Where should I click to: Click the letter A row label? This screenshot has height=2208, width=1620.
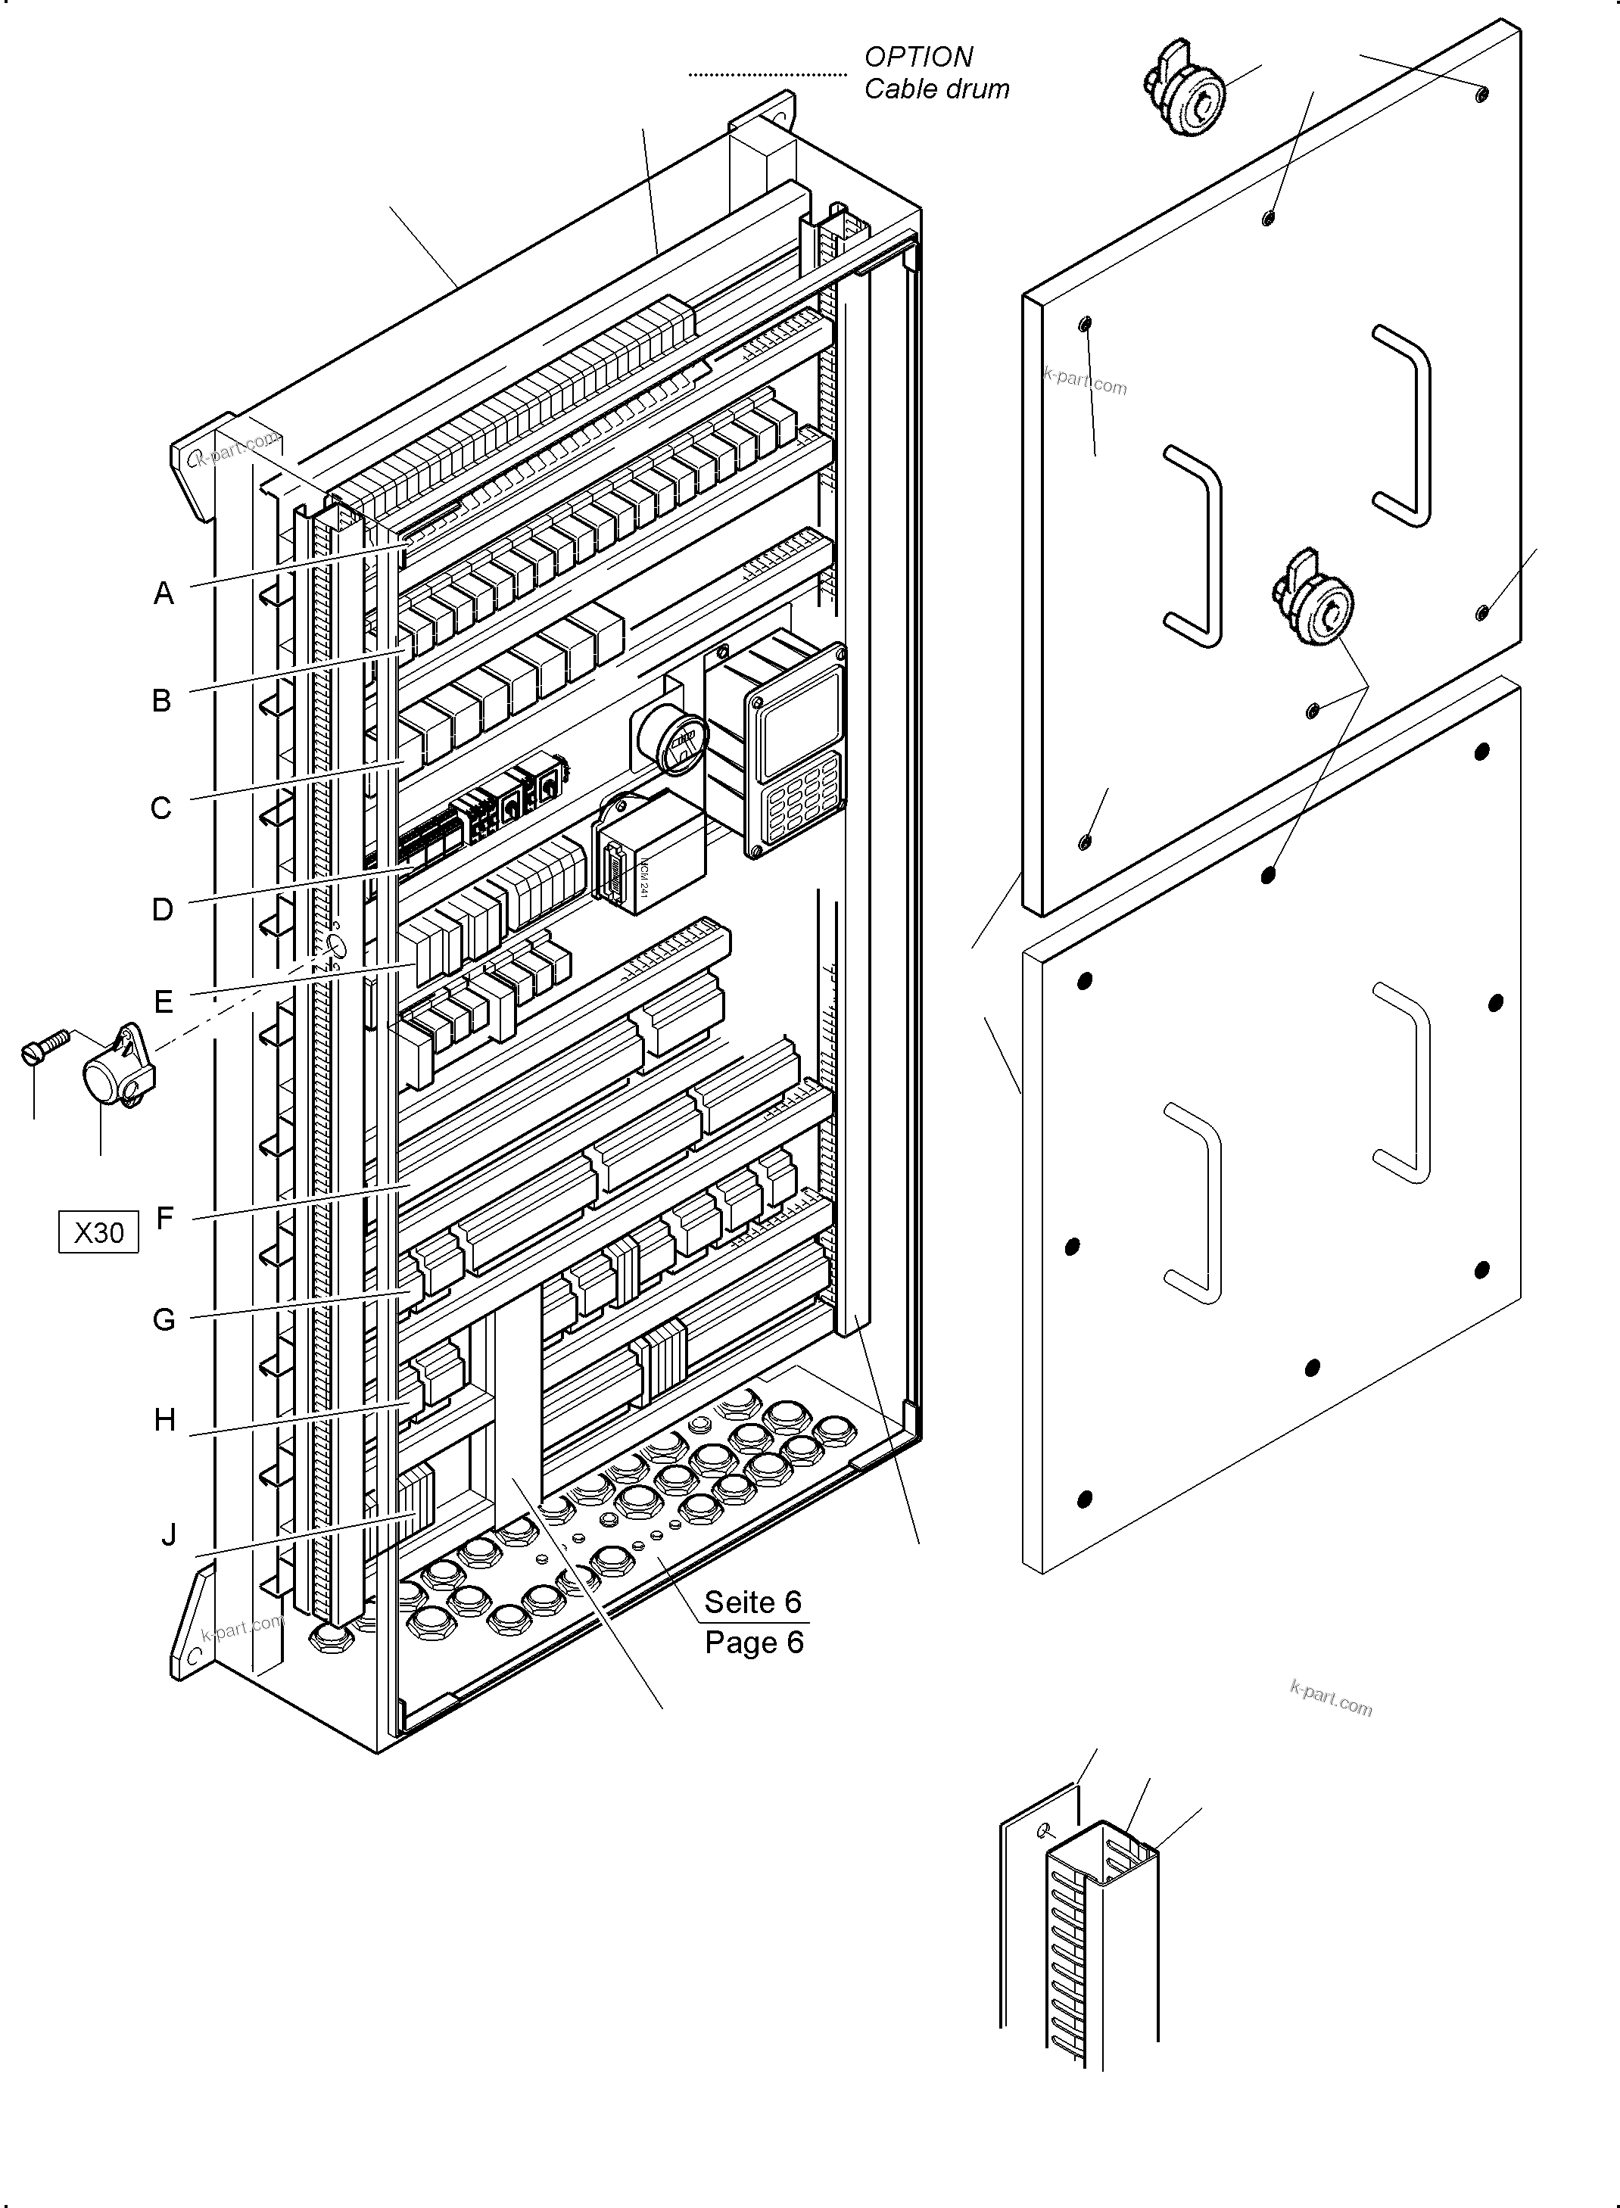(x=164, y=593)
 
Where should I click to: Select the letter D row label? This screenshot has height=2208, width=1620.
(x=162, y=909)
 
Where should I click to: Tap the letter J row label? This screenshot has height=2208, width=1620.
(x=169, y=1534)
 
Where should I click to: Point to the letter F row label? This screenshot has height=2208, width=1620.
(x=165, y=1218)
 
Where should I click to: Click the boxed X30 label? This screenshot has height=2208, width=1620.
(x=99, y=1232)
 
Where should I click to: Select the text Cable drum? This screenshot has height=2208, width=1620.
(x=936, y=89)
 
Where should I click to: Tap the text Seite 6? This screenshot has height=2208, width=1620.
(x=752, y=1602)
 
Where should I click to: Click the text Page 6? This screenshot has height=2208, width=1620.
(x=753, y=1643)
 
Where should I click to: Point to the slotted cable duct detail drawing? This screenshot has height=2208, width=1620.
(x=1098, y=1946)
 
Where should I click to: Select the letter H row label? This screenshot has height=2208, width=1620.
(x=165, y=1420)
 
